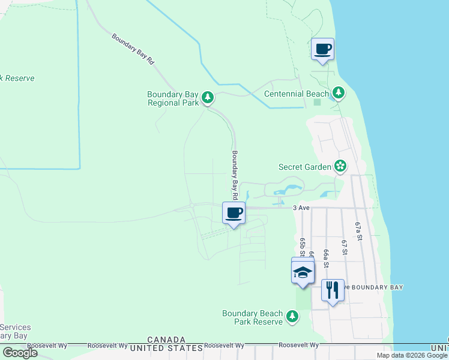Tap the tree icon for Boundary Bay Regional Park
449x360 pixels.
208,97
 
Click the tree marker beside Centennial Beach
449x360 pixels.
339,93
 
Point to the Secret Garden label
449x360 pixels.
305,167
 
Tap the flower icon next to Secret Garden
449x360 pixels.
340,166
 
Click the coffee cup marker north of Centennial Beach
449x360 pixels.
323,49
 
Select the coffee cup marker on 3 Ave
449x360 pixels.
234,212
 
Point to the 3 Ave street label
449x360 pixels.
301,208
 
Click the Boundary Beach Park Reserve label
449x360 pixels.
252,317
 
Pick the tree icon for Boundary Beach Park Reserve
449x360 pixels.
292,316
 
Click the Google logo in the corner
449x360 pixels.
20,352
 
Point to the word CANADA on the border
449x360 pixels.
166,340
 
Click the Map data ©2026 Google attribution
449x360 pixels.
412,355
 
